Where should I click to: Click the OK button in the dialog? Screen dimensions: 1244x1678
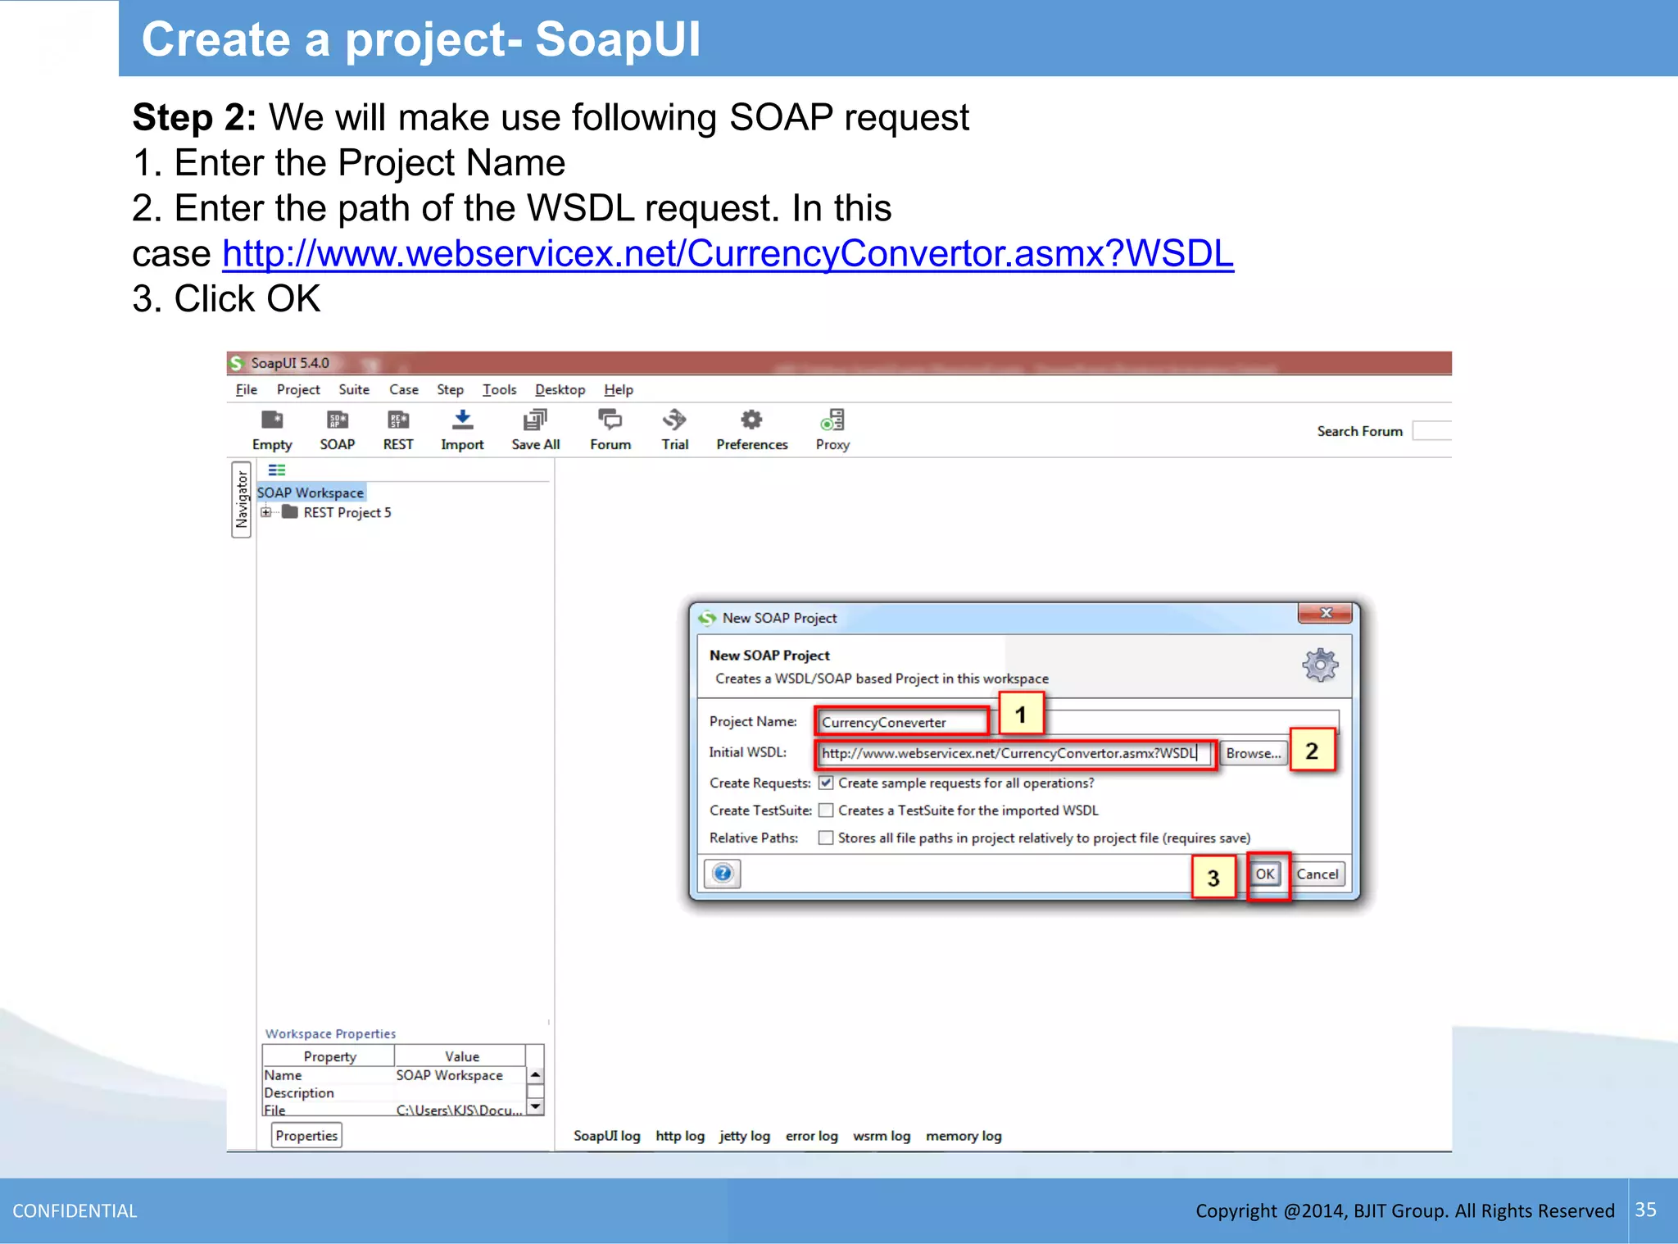tap(1264, 874)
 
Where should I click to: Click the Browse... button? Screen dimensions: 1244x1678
tap(1253, 753)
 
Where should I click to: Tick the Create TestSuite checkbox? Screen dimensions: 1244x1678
tap(826, 810)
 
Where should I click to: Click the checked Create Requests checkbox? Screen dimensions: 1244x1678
tap(826, 783)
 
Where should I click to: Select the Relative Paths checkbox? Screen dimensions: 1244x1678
tap(826, 838)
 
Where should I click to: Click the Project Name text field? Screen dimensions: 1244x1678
tap(902, 722)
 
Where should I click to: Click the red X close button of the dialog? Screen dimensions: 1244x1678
tap(1325, 613)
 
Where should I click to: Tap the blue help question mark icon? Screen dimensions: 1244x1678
tap(723, 874)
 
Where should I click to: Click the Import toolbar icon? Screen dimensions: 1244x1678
tap(462, 420)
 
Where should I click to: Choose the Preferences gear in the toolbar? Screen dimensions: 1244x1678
tap(751, 420)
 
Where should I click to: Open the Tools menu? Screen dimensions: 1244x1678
tap(499, 390)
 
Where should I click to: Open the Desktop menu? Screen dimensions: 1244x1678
tap(560, 390)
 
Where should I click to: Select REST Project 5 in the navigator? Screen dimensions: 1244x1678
tap(347, 513)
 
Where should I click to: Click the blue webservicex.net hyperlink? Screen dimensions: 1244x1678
tap(728, 254)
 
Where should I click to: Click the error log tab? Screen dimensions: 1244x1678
tap(811, 1136)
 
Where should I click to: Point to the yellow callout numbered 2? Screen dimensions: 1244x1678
tap(1312, 751)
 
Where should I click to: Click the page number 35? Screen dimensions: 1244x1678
tap(1645, 1210)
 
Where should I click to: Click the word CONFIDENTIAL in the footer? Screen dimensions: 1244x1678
tap(75, 1211)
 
